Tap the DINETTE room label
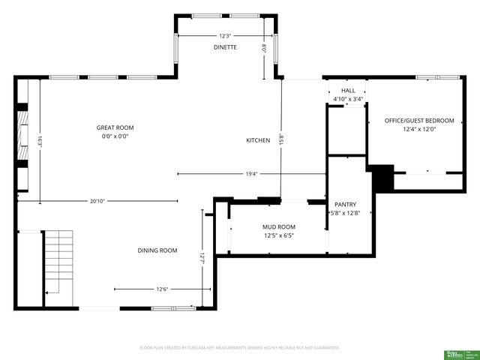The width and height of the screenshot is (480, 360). [x=225, y=47]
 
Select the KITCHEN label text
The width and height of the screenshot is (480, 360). [x=257, y=140]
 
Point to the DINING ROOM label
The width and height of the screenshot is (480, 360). [x=157, y=250]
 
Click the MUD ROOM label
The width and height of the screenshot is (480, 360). [x=278, y=226]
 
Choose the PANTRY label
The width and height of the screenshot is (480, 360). [x=345, y=204]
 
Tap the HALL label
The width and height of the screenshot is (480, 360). [x=348, y=90]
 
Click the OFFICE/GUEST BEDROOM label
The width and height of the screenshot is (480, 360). [x=419, y=120]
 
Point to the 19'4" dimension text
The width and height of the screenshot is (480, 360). [x=251, y=174]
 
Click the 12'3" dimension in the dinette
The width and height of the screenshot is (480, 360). [x=225, y=35]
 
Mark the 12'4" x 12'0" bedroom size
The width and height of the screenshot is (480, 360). [x=419, y=129]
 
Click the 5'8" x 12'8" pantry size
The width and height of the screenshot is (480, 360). [x=346, y=213]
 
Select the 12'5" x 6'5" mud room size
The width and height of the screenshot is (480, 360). [x=278, y=235]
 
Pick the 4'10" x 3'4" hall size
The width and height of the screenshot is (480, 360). [x=348, y=99]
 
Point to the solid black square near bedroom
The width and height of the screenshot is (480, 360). [x=383, y=178]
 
